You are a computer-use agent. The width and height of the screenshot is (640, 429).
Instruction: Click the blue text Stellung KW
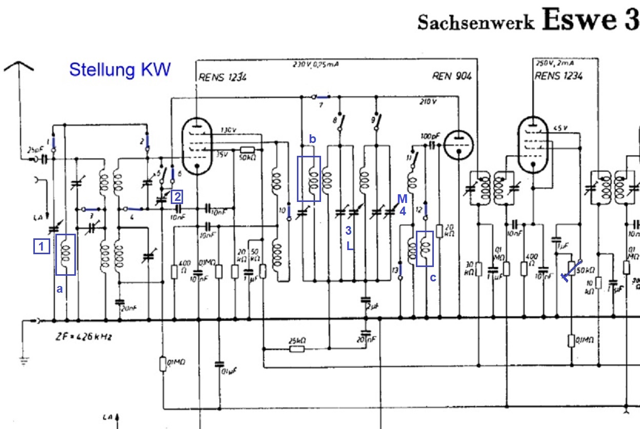click(119, 70)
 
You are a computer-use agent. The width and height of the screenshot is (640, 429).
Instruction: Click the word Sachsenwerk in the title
click(475, 23)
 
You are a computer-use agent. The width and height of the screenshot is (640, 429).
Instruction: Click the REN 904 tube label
click(451, 76)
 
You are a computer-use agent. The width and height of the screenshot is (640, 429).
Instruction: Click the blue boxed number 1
click(42, 247)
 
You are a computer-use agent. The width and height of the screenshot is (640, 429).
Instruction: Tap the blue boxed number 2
click(176, 196)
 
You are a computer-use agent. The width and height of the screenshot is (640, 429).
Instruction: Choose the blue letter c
click(433, 278)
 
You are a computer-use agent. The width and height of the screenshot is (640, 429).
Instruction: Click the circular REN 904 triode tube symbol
click(458, 145)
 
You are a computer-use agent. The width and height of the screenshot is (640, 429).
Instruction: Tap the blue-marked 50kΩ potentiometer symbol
click(572, 271)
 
